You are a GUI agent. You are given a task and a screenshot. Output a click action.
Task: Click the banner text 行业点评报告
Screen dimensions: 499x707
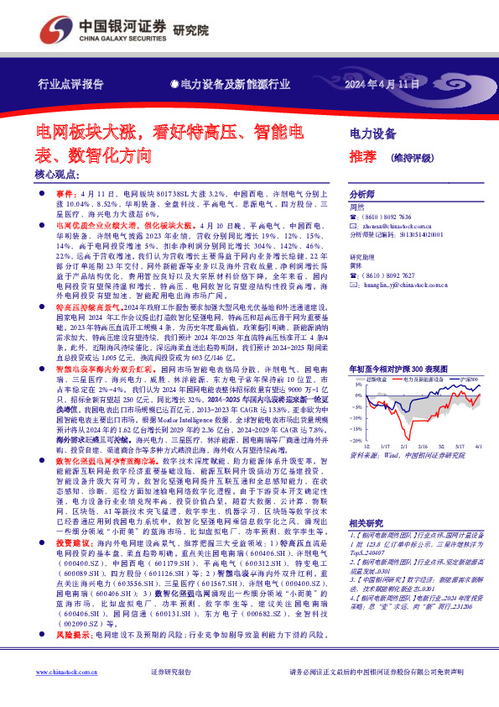tap(71, 85)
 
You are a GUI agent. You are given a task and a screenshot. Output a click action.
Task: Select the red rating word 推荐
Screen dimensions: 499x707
tap(362, 155)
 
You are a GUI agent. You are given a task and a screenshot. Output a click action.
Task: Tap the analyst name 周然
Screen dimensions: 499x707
tap(357, 206)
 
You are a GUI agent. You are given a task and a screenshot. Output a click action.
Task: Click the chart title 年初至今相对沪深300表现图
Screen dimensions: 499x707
tap(398, 369)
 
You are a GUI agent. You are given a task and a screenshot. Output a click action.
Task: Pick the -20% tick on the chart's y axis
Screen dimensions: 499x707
tap(355, 440)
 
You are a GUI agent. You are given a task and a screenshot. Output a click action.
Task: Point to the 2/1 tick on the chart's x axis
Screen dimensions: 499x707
tap(403, 448)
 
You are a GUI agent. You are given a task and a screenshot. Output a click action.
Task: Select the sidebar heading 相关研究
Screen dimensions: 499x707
tap(365, 521)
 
